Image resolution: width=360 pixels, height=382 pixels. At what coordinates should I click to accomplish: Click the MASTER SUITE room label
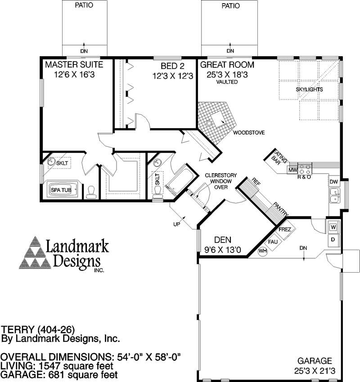(74, 65)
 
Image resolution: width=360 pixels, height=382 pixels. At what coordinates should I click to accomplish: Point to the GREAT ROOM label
(230, 65)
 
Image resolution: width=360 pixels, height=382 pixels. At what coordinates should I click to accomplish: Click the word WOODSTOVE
(248, 133)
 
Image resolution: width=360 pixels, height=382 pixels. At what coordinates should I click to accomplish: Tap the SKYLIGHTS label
(309, 90)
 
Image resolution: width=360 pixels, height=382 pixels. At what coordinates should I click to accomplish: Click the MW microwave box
(292, 170)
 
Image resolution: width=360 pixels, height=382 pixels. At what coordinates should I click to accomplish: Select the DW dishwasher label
(333, 182)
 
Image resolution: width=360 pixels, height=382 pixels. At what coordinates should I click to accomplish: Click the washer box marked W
(333, 227)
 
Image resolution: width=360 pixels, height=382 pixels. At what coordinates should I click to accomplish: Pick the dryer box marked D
(333, 240)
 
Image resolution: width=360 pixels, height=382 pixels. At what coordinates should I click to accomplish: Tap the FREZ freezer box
(285, 229)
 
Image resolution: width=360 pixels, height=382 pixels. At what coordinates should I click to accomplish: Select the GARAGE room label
(315, 361)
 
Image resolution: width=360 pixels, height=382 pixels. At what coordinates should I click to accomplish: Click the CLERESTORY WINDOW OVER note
(218, 181)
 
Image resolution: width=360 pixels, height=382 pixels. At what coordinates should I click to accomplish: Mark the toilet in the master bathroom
(92, 192)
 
